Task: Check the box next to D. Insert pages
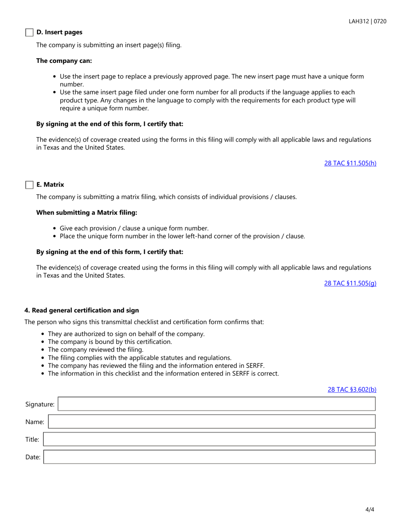click(29, 32)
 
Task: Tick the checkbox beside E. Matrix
click(29, 185)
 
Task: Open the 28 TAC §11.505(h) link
click(350, 163)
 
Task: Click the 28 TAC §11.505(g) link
click(350, 283)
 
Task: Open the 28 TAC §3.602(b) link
click(352, 389)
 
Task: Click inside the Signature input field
click(216, 404)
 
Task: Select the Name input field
click(211, 422)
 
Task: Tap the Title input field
click(209, 439)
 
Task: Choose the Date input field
click(209, 457)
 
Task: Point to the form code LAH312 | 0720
click(367, 21)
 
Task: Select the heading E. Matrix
click(50, 184)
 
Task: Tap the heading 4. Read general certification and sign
click(81, 310)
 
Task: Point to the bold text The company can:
click(64, 60)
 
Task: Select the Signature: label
click(40, 404)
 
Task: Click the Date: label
click(33, 457)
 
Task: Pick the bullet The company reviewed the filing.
click(96, 349)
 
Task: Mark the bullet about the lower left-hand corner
click(182, 236)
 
